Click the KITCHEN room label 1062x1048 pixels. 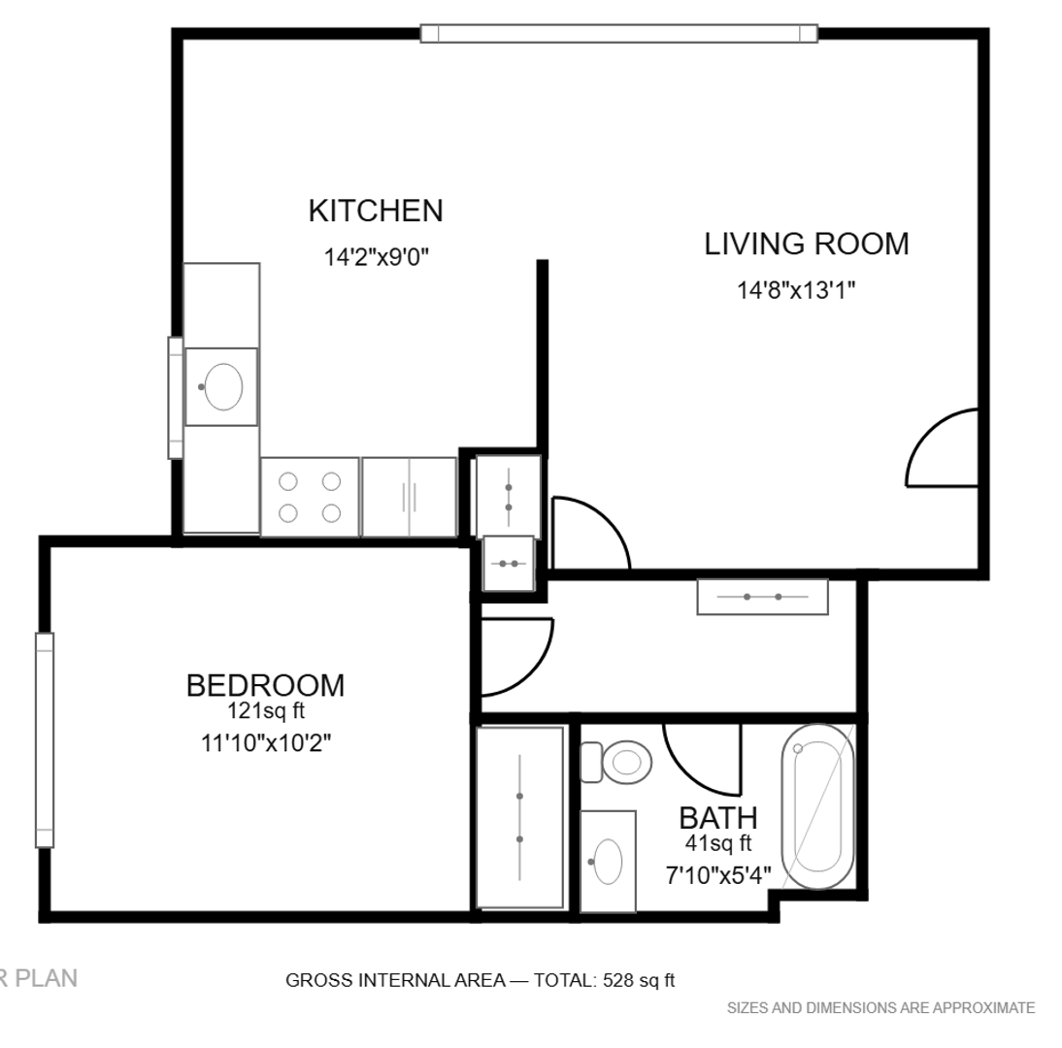click(x=376, y=211)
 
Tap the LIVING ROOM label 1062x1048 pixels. click(x=807, y=244)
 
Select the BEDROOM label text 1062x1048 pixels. click(x=266, y=685)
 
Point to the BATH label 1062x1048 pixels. click(x=718, y=818)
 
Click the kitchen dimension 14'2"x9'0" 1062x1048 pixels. click(x=377, y=257)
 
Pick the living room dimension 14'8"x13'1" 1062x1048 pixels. click(x=796, y=290)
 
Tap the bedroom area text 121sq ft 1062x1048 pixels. click(x=266, y=711)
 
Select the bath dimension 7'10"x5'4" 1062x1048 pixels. click(x=718, y=876)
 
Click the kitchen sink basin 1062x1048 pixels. click(x=223, y=386)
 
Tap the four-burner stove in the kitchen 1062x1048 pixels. click(x=310, y=497)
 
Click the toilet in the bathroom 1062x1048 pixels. click(x=616, y=763)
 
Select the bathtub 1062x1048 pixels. click(x=817, y=806)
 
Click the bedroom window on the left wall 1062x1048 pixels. click(x=45, y=740)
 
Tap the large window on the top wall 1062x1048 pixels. click(x=619, y=33)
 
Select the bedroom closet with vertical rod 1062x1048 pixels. click(x=520, y=817)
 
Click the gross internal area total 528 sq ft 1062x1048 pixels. click(x=481, y=980)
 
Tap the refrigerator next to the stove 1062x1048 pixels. click(x=409, y=497)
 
